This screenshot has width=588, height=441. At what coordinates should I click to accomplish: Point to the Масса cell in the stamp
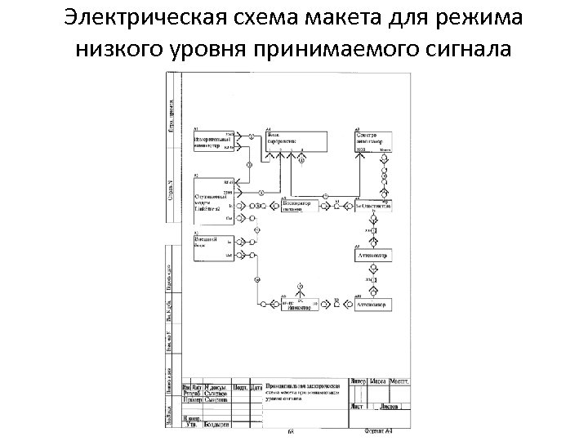(x=379, y=381)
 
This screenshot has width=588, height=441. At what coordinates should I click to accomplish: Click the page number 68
(x=290, y=430)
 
